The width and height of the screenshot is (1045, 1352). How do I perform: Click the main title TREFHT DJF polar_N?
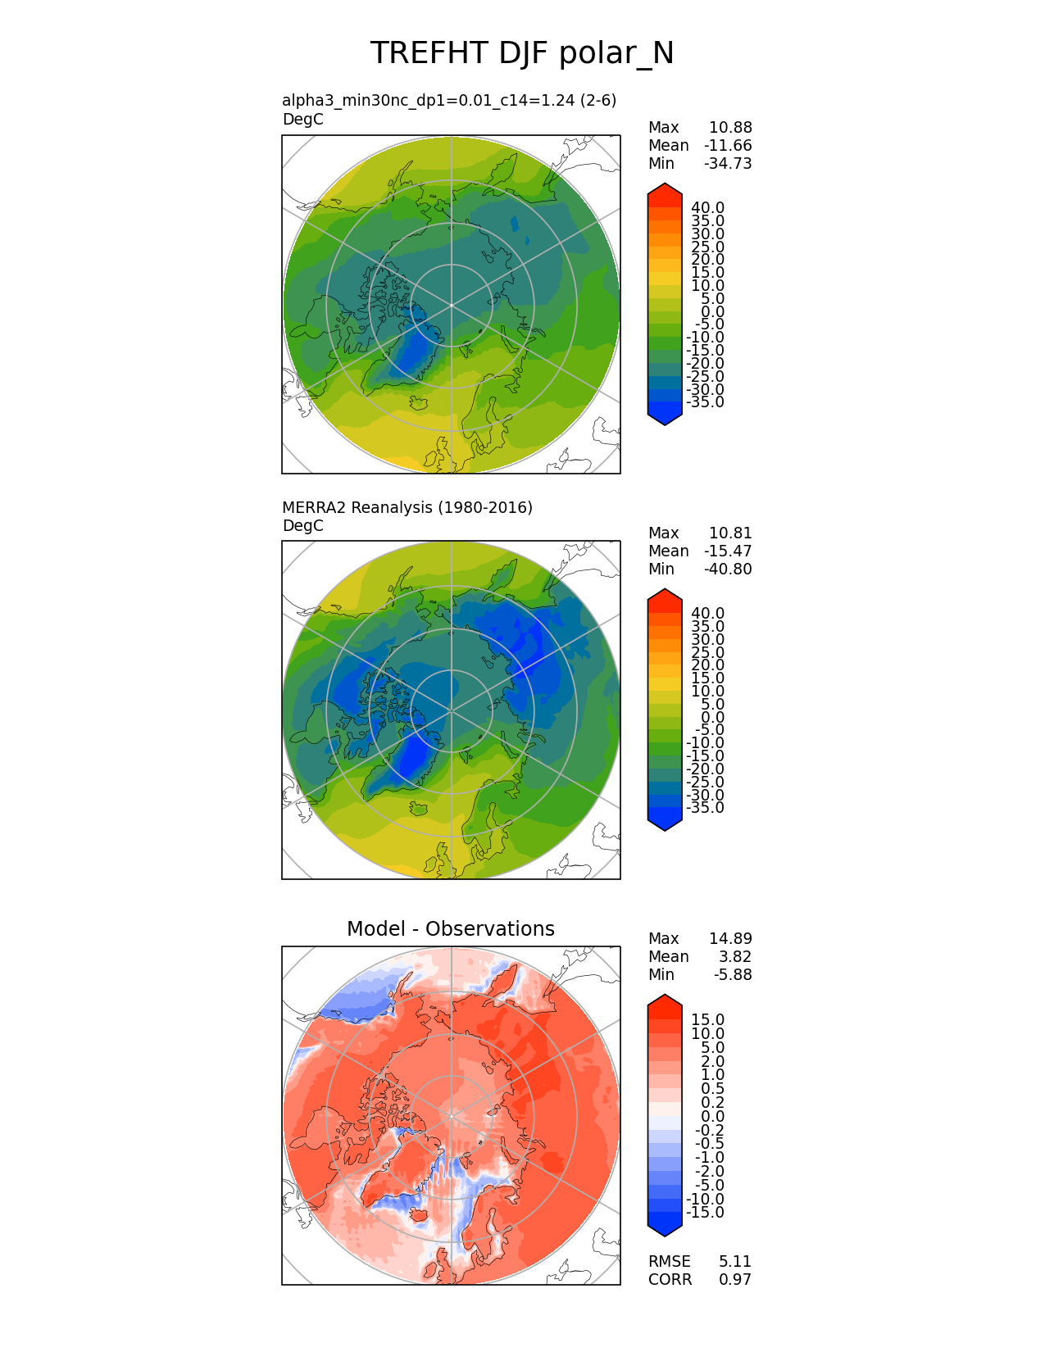[x=522, y=53]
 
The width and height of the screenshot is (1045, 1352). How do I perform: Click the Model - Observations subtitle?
[x=450, y=928]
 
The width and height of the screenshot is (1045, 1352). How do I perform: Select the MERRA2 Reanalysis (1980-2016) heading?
[x=407, y=507]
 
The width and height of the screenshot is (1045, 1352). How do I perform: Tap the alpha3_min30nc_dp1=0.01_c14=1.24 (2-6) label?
[x=449, y=100]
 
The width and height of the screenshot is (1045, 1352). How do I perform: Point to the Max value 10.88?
[x=730, y=127]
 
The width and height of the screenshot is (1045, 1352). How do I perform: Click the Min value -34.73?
[x=728, y=163]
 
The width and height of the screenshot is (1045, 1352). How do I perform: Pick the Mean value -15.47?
[x=728, y=551]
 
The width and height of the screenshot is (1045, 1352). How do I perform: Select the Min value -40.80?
[x=728, y=569]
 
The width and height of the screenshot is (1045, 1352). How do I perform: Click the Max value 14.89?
[x=730, y=938]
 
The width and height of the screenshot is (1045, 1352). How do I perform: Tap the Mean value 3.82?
[x=735, y=956]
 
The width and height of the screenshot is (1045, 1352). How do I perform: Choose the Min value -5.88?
[x=732, y=974]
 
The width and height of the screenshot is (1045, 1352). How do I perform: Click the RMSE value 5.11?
[x=735, y=1261]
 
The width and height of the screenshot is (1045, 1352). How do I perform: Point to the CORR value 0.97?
[x=735, y=1279]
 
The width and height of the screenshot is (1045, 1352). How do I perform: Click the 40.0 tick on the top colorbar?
[x=707, y=208]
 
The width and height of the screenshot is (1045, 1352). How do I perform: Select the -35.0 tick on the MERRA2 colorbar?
[x=705, y=808]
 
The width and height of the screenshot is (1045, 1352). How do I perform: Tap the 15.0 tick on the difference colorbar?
[x=707, y=1020]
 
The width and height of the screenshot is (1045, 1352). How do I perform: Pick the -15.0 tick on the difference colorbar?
[x=705, y=1213]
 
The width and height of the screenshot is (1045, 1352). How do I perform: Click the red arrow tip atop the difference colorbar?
[x=665, y=1001]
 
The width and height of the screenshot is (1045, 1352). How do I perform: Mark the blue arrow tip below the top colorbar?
[x=665, y=419]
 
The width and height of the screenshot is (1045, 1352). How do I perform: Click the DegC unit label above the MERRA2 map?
[x=302, y=525]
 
